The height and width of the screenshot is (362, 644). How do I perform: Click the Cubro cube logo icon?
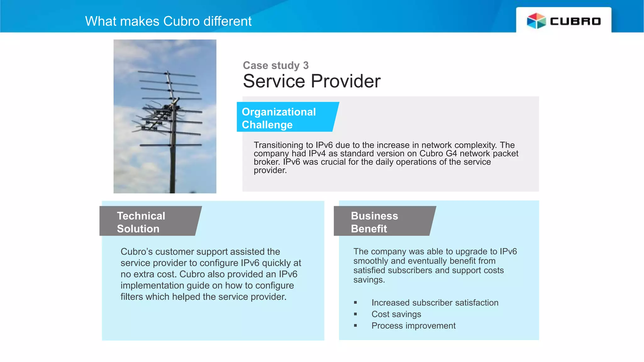(536, 21)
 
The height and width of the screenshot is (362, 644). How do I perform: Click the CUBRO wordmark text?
(575, 21)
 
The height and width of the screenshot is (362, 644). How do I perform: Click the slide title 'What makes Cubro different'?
(168, 21)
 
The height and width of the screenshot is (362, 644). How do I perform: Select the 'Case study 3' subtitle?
(275, 65)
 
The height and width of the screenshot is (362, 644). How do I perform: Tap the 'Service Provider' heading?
(311, 81)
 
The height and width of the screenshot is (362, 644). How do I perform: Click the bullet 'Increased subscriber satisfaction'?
(435, 303)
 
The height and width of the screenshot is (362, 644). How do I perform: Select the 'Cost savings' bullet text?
(396, 314)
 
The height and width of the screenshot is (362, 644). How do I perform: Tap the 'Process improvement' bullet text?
(413, 326)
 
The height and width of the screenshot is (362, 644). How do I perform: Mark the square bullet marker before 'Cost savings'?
(355, 314)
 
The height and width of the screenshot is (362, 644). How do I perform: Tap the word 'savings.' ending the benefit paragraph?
(369, 280)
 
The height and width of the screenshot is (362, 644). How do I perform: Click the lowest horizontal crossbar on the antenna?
(171, 145)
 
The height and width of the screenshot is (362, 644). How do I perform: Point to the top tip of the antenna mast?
(168, 72)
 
